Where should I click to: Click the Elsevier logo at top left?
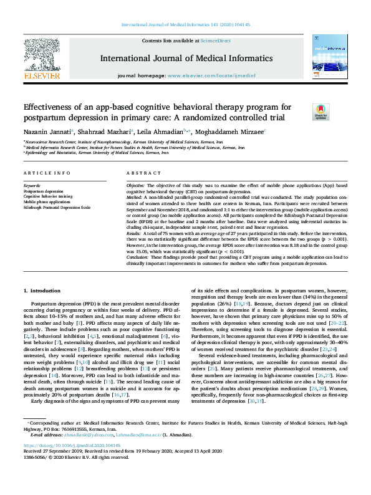[x=43, y=57]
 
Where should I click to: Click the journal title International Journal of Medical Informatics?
[x=185, y=58]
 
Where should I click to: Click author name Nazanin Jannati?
[x=47, y=132]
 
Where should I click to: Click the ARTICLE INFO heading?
[x=47, y=173]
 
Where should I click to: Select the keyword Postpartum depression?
[x=45, y=191]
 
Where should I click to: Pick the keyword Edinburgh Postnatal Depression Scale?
[x=57, y=207]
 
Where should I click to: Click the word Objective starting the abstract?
[x=135, y=186]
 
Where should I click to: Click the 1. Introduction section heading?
[x=42, y=291]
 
